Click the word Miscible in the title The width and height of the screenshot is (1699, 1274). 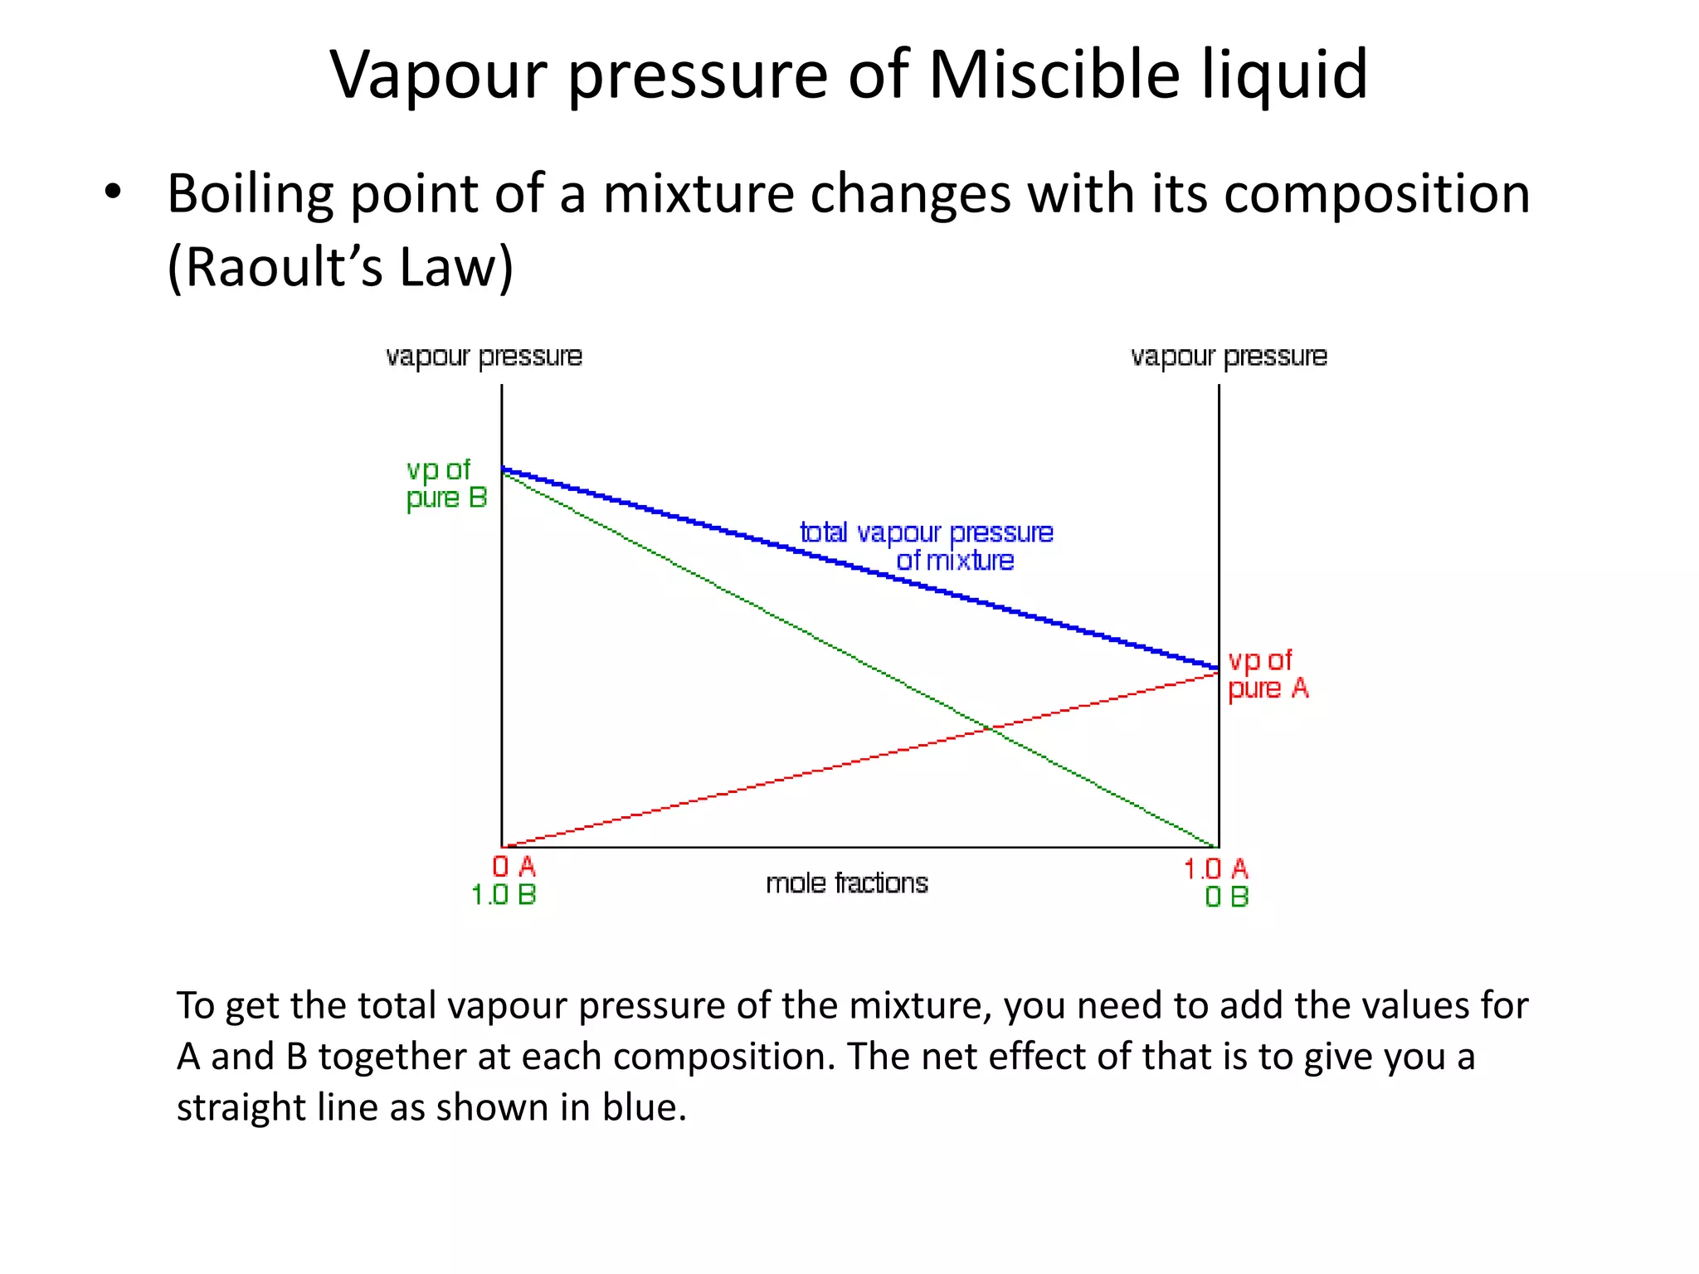(x=1054, y=75)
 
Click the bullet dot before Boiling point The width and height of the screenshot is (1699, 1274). (x=113, y=192)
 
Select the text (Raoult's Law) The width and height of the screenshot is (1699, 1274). (x=340, y=267)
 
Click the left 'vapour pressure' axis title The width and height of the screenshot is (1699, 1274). (x=484, y=357)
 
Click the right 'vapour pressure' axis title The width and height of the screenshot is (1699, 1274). (x=1229, y=357)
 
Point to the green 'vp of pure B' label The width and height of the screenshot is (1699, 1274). (x=445, y=484)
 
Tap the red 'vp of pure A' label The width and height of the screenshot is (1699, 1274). (x=1267, y=674)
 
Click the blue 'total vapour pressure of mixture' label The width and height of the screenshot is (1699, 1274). (x=927, y=546)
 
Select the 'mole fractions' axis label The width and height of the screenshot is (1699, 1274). (x=846, y=883)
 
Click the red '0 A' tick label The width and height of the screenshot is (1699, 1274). (x=514, y=867)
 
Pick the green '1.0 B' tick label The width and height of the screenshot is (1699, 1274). (x=504, y=895)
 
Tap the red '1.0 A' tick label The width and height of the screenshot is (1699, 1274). (x=1215, y=869)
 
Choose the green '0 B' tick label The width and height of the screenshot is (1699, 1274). (x=1226, y=897)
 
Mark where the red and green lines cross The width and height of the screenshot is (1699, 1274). (x=990, y=728)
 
